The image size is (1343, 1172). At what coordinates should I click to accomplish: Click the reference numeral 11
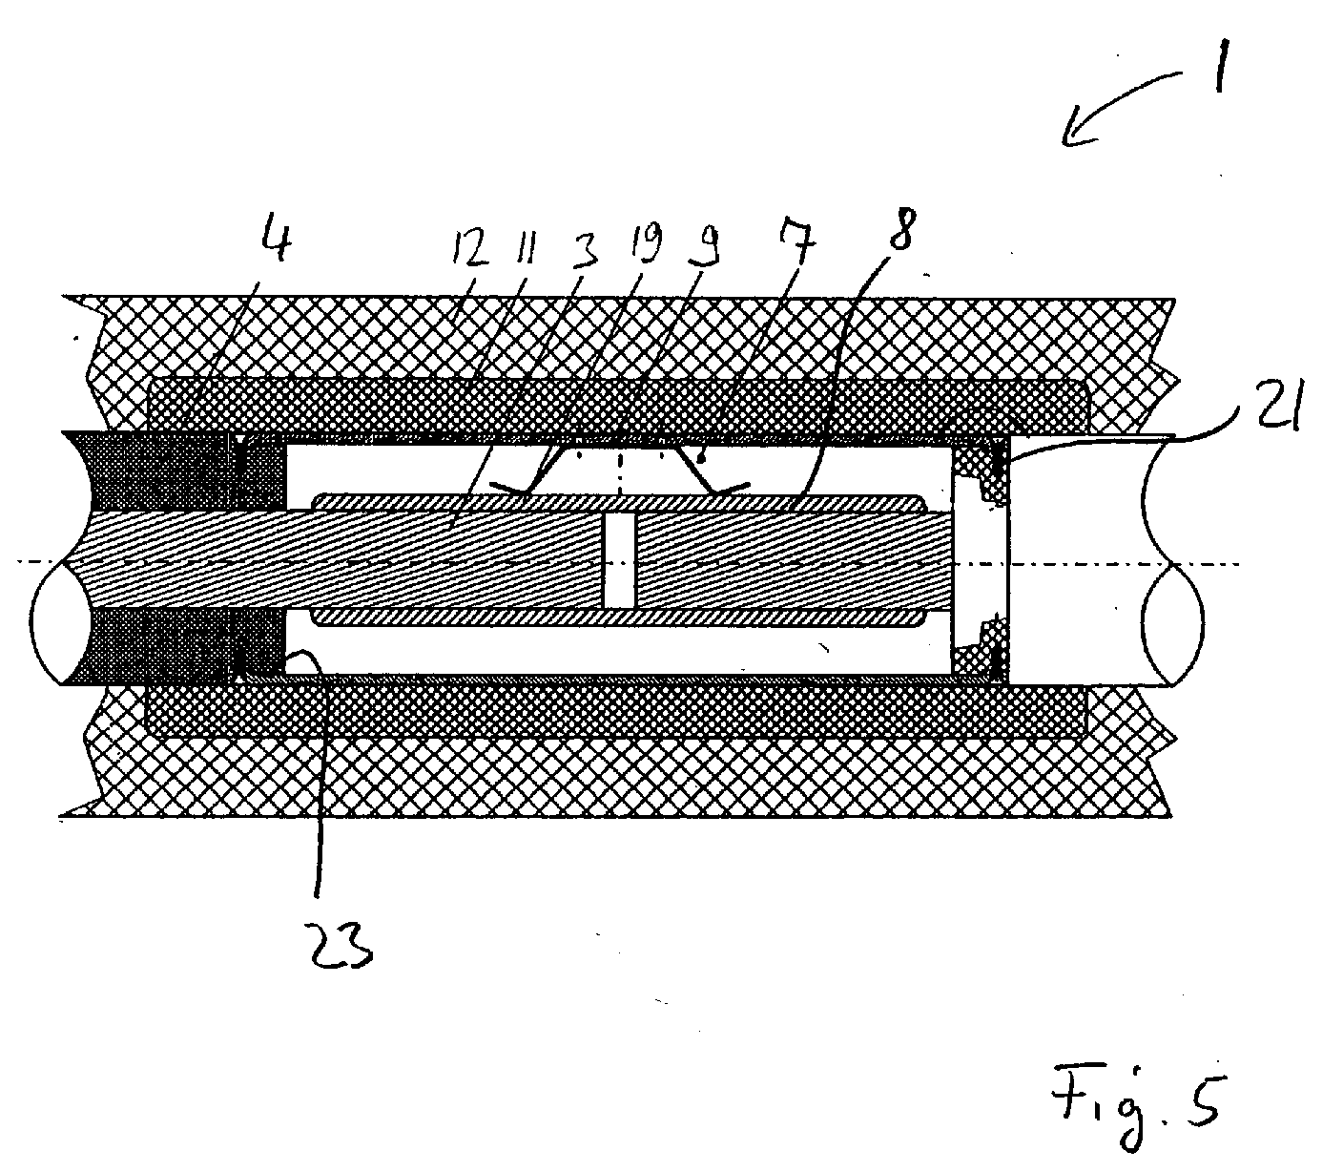526,250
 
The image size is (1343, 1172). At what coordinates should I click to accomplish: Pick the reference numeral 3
582,248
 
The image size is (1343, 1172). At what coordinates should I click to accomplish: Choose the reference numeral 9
702,245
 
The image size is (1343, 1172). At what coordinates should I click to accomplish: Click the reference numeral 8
901,229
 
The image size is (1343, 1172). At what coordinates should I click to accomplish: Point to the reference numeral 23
341,947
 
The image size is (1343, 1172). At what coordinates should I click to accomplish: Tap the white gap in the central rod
620,561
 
